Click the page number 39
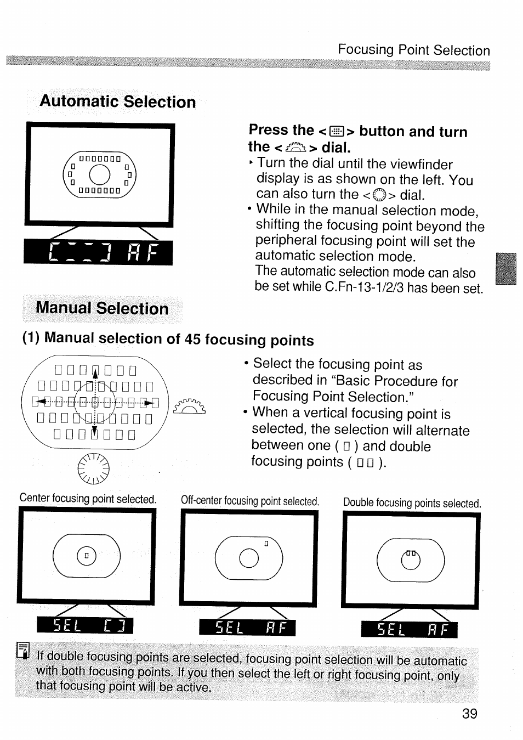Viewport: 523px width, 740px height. (x=469, y=714)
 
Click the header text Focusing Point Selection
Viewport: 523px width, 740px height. (x=413, y=50)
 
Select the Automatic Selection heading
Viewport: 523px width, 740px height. (x=118, y=102)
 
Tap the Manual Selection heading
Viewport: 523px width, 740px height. (x=102, y=308)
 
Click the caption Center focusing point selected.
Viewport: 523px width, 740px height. (x=88, y=499)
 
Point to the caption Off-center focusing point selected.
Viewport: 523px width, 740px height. (x=249, y=501)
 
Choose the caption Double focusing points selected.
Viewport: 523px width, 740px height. (x=412, y=503)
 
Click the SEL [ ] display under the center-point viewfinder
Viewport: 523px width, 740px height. (x=84, y=625)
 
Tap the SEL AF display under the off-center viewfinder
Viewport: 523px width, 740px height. (x=247, y=628)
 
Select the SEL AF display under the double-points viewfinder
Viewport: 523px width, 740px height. (x=409, y=630)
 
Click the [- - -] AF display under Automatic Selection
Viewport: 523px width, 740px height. (x=98, y=253)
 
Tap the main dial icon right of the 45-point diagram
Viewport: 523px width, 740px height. (x=189, y=406)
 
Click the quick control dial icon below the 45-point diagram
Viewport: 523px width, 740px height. (x=94, y=470)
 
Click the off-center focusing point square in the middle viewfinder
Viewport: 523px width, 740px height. (x=266, y=544)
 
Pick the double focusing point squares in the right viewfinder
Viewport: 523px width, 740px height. (x=411, y=552)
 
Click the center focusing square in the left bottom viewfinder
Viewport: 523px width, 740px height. (x=87, y=556)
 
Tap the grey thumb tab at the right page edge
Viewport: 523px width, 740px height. (x=505, y=269)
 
